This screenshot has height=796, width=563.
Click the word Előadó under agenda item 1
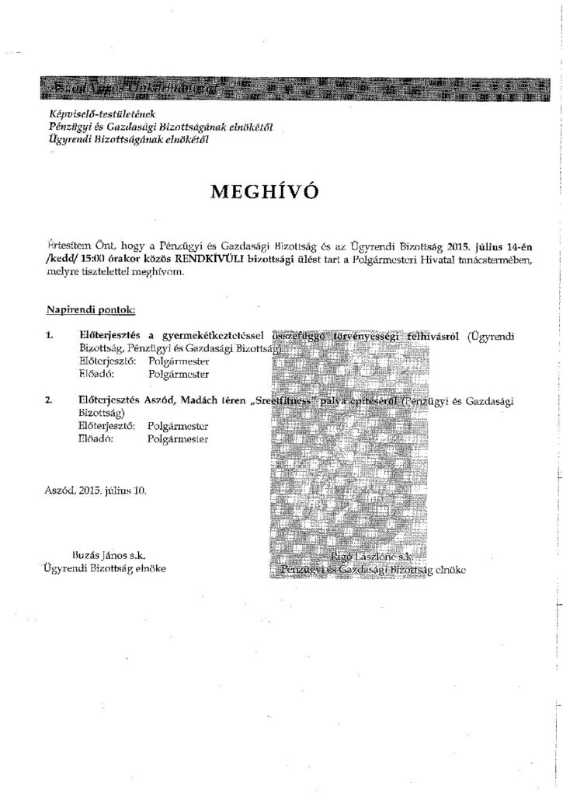pyautogui.click(x=97, y=375)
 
